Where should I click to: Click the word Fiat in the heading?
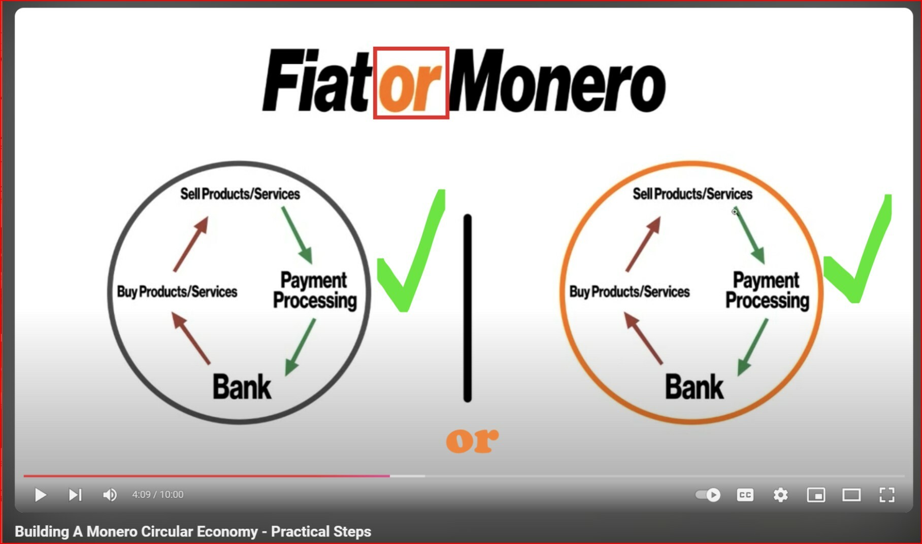pos(315,80)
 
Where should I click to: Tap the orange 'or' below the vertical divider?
pos(472,440)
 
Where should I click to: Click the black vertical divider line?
pos(468,308)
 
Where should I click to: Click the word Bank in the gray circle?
pos(242,387)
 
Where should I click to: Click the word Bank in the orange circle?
pos(694,387)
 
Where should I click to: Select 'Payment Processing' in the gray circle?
pos(315,290)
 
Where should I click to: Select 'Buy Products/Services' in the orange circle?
pos(630,292)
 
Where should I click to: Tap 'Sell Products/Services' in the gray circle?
pos(240,194)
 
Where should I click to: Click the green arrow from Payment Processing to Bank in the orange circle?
pos(752,347)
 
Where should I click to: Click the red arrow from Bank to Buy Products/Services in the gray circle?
pos(190,337)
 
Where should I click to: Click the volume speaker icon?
pos(110,495)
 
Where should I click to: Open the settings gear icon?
pos(780,495)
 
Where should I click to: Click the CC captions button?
pos(745,495)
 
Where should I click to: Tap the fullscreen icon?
pos(886,495)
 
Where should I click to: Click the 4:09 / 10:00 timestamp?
pos(158,495)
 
